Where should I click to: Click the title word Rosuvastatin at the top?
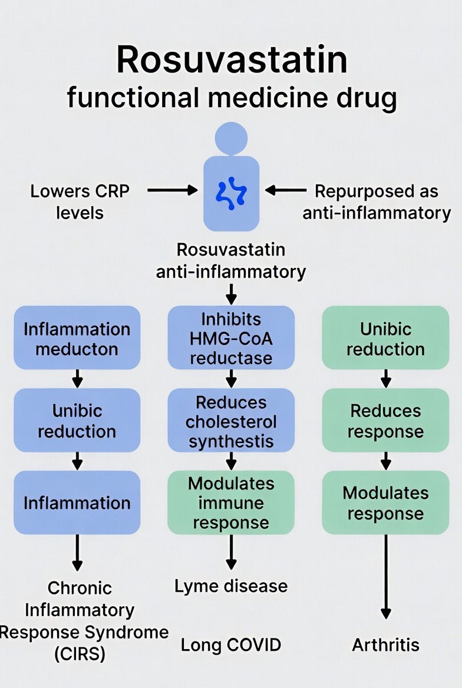[231, 59]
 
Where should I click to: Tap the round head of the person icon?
[231, 138]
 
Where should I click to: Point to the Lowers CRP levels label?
[80, 201]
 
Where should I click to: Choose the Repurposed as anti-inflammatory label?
[377, 201]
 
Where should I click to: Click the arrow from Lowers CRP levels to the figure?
[172, 190]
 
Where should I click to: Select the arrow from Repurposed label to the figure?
[286, 190]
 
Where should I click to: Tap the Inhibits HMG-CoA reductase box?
[231, 338]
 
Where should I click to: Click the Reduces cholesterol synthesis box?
[231, 422]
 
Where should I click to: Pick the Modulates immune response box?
[231, 502]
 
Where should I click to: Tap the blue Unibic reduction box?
[77, 421]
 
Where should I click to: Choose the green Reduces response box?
[385, 421]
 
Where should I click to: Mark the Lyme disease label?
[231, 586]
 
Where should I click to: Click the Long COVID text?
[231, 645]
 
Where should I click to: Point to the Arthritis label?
[385, 645]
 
